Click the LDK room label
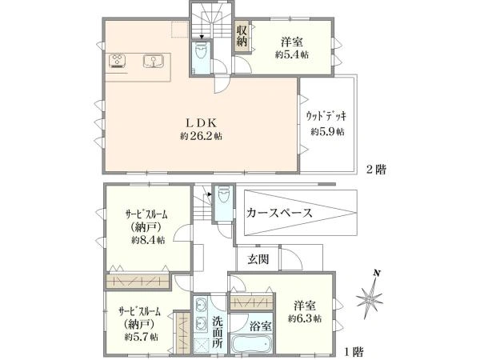point(202,122)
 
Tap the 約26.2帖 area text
point(201,136)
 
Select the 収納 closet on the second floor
point(242,36)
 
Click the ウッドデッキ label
point(326,116)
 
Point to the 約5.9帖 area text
point(327,132)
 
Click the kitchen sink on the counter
point(153,61)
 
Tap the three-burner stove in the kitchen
point(118,61)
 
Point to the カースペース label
point(279,213)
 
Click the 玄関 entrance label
point(258,259)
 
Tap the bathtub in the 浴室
point(251,343)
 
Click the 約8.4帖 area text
point(148,240)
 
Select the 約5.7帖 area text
point(141,337)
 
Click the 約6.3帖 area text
point(304,318)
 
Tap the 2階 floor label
point(377,170)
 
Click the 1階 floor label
point(354,351)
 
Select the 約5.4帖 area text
point(292,54)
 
